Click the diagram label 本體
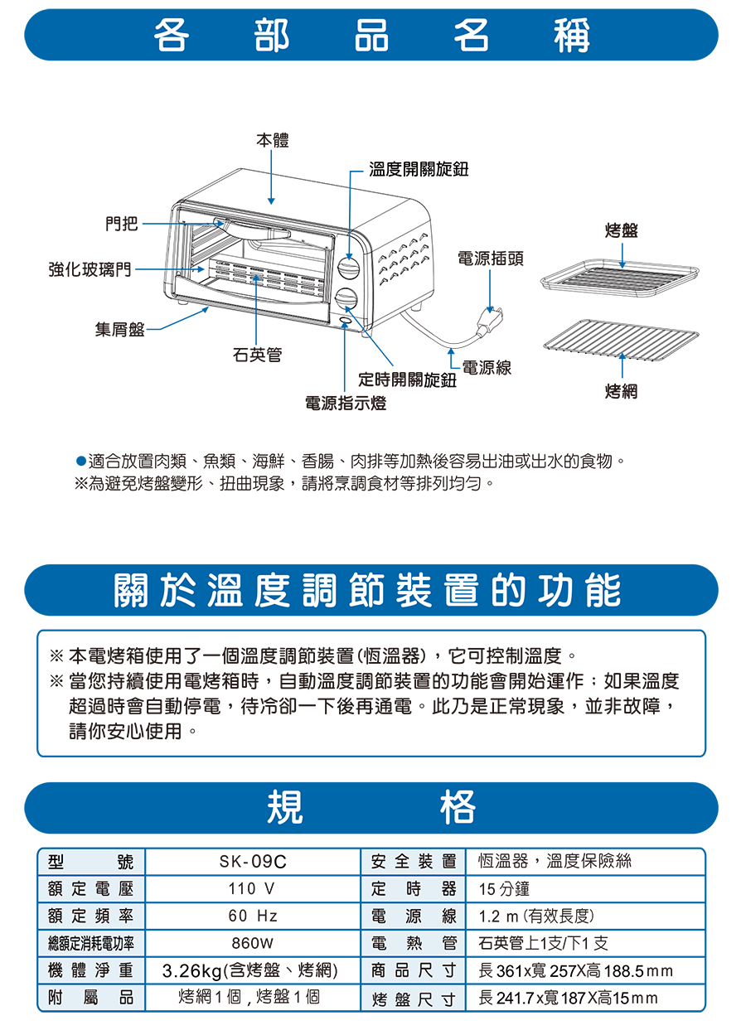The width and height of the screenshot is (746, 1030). pyautogui.click(x=272, y=141)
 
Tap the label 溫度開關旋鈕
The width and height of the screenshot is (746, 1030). pyautogui.click(x=419, y=169)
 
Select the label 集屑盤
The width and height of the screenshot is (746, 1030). pyautogui.click(x=119, y=330)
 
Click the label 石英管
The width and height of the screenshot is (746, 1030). pyautogui.click(x=256, y=355)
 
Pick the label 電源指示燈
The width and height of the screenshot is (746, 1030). pyautogui.click(x=345, y=404)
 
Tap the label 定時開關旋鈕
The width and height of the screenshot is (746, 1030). pyautogui.click(x=407, y=380)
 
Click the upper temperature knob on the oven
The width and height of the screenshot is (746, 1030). pyautogui.click(x=348, y=268)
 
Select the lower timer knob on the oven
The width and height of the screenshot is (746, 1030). pyautogui.click(x=346, y=298)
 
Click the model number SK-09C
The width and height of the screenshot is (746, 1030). pyautogui.click(x=253, y=862)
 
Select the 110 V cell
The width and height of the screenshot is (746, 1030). pyautogui.click(x=253, y=889)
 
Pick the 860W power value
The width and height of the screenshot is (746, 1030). pyautogui.click(x=253, y=943)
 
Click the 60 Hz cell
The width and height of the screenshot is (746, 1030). pyautogui.click(x=253, y=916)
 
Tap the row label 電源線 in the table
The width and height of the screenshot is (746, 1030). pyautogui.click(x=414, y=916)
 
